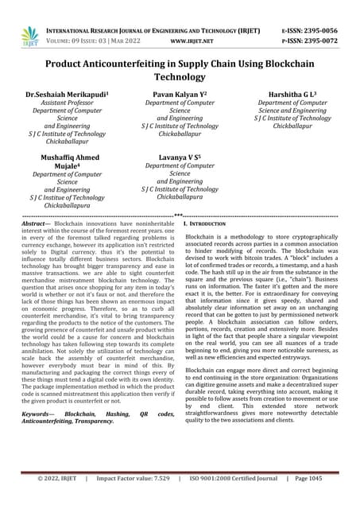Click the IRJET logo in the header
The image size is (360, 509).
click(x=30, y=35)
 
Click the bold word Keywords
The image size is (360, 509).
click(x=39, y=414)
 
